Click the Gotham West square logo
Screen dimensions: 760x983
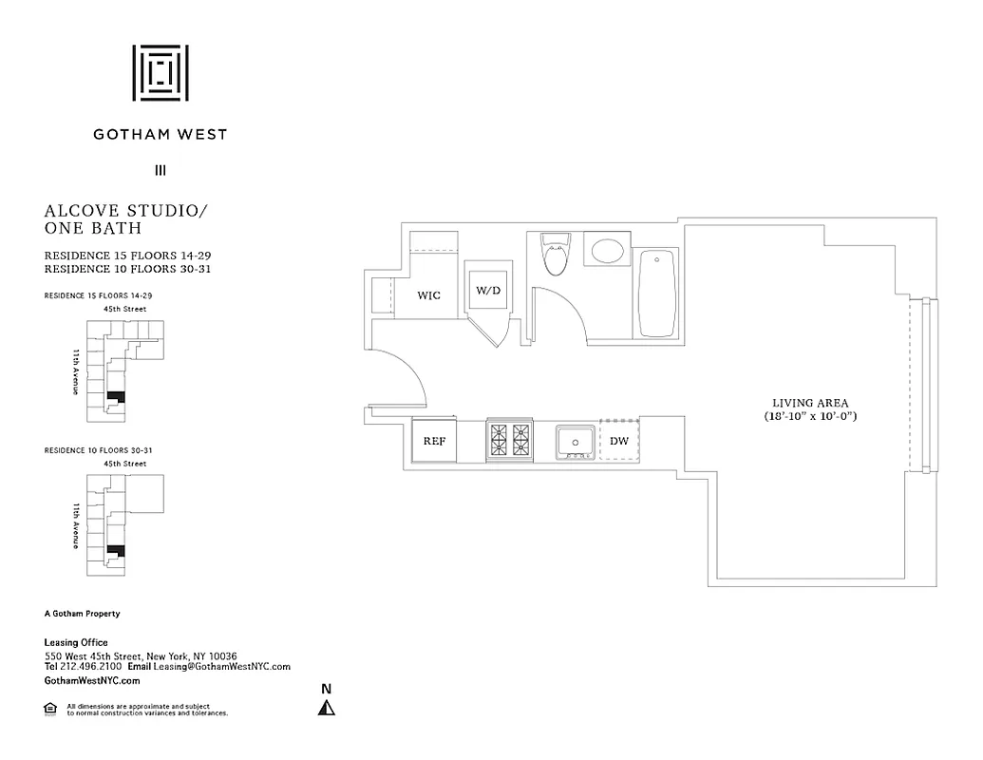pyautogui.click(x=160, y=72)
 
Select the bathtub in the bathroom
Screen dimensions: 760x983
pyautogui.click(x=657, y=293)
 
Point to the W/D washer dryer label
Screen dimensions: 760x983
pyautogui.click(x=487, y=290)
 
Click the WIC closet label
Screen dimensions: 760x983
pyautogui.click(x=429, y=295)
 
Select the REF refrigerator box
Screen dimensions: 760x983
pyautogui.click(x=434, y=441)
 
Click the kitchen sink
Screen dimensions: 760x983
pyautogui.click(x=576, y=442)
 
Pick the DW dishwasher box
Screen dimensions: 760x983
pyautogui.click(x=619, y=441)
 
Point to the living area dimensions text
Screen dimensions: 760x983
pyautogui.click(x=810, y=416)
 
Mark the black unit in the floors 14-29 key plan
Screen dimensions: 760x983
pyautogui.click(x=116, y=395)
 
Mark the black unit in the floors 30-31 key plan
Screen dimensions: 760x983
pyautogui.click(x=116, y=550)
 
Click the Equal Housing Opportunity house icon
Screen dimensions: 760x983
pyautogui.click(x=50, y=708)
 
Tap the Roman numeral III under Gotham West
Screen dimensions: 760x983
pyautogui.click(x=160, y=171)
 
